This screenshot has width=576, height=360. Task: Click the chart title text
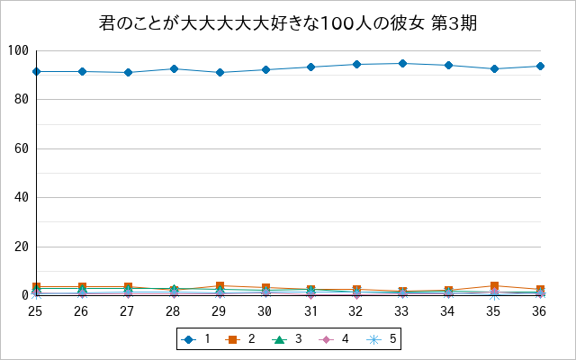[288, 24]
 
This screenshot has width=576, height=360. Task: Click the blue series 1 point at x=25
[36, 71]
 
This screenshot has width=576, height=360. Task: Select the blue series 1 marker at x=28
[174, 68]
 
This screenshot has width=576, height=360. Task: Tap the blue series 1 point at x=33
[403, 64]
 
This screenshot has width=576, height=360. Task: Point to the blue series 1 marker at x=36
[540, 66]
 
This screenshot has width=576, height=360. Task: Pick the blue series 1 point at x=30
[265, 70]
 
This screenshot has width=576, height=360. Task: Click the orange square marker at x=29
[220, 285]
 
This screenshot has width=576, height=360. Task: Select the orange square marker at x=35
[495, 285]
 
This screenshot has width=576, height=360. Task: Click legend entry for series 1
[196, 339]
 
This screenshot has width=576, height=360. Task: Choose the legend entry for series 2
[240, 339]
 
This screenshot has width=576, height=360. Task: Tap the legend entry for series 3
[287, 339]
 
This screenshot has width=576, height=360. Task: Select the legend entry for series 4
[334, 339]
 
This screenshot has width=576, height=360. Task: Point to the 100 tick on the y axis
[18, 50]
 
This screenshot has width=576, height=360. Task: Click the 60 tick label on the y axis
[22, 148]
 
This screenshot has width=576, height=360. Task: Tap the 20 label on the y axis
[22, 247]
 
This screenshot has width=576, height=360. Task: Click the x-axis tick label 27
[127, 311]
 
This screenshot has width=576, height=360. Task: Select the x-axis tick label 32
[355, 311]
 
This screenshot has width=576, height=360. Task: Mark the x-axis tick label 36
[539, 311]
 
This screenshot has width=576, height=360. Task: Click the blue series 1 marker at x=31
[311, 67]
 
